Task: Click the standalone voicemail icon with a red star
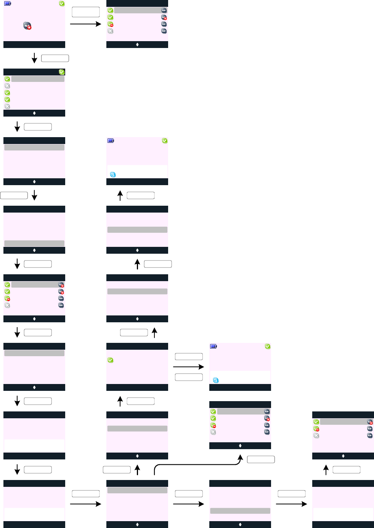[27, 26]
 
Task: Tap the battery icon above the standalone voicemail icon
[8, 4]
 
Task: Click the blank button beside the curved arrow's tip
[261, 459]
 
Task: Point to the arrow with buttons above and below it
[188, 367]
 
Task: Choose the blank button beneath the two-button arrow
[188, 377]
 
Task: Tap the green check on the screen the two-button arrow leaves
[110, 360]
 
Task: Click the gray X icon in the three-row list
[316, 435]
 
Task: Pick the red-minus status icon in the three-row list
[316, 429]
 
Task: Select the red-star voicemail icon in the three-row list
[370, 422]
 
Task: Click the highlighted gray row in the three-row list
[343, 422]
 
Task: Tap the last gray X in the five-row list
[7, 106]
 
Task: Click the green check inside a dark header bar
[62, 72]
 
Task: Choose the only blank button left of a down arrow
[14, 195]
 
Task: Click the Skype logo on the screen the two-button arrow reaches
[216, 380]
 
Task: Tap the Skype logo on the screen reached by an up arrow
[113, 174]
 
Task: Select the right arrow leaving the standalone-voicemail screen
[85, 24]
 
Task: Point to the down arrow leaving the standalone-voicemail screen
[34, 58]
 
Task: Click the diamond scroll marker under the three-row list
[343, 456]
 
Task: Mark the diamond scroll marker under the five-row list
[34, 113]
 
